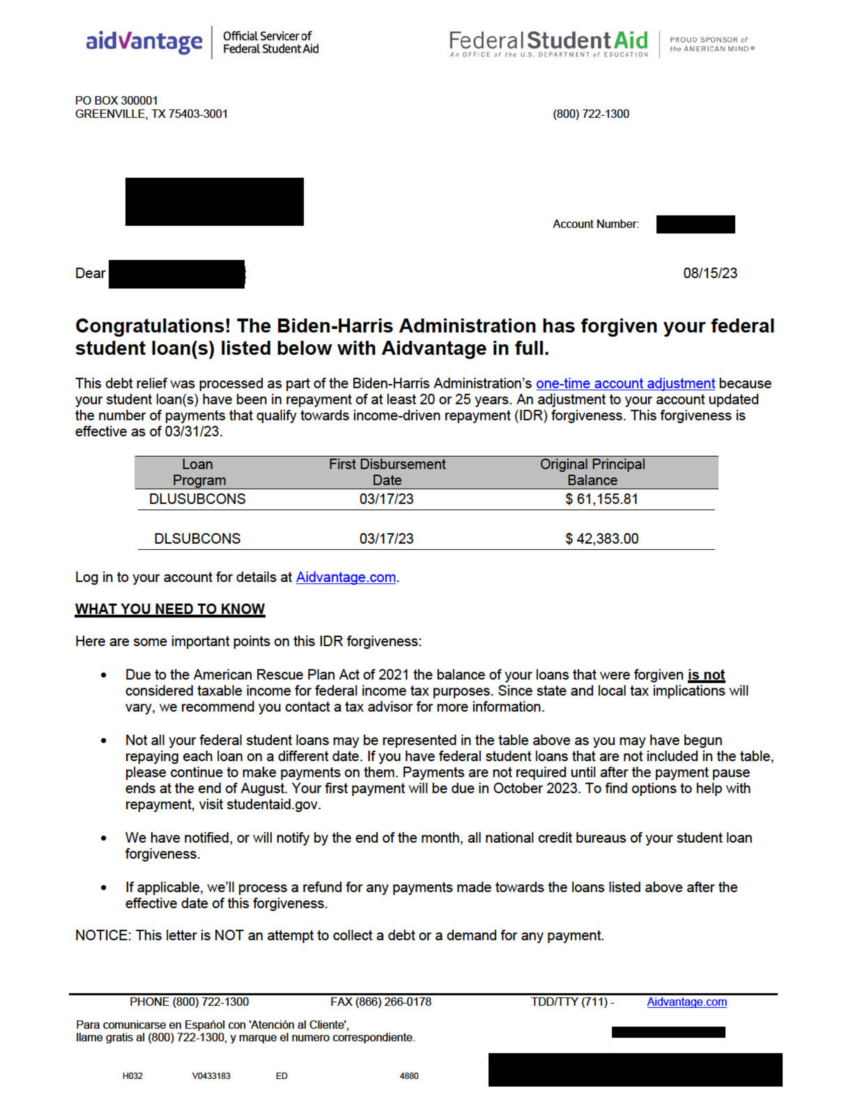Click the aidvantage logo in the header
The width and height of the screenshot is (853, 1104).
click(144, 42)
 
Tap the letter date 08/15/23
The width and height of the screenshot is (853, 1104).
click(710, 273)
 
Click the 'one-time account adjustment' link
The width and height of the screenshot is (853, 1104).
click(625, 384)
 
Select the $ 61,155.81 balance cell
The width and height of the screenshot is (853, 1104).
click(601, 499)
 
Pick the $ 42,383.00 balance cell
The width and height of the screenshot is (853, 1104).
click(601, 539)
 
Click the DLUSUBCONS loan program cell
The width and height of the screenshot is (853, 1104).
click(197, 499)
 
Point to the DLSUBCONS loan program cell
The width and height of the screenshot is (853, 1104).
click(197, 539)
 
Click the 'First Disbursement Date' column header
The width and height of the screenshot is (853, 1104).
click(387, 472)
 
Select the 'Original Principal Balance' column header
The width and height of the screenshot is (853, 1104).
click(592, 472)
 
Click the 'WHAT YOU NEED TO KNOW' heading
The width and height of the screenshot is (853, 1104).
click(170, 609)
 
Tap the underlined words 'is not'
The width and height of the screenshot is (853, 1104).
click(706, 675)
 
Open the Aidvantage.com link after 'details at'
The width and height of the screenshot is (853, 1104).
click(346, 577)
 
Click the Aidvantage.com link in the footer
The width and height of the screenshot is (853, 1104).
click(687, 1002)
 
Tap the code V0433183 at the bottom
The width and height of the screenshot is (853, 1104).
click(211, 1076)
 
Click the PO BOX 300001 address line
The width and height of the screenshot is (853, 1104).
click(117, 101)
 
